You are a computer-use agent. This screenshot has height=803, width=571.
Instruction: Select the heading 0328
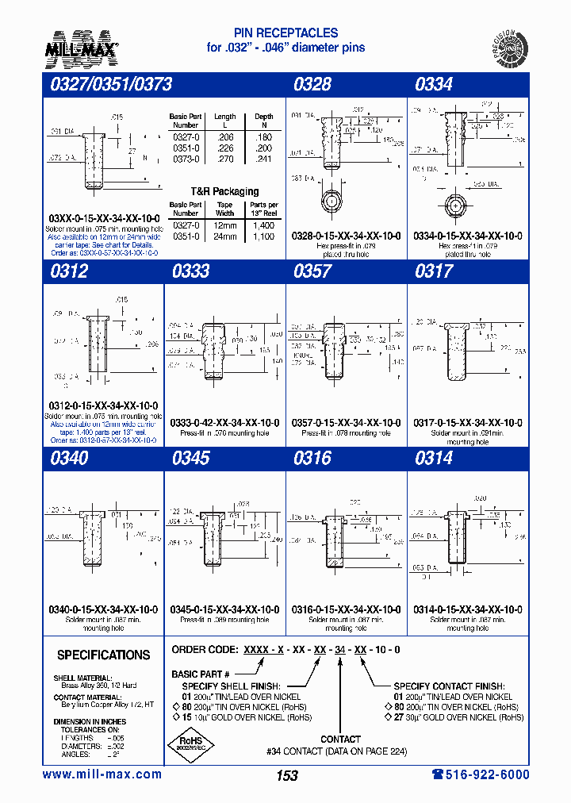click(x=312, y=84)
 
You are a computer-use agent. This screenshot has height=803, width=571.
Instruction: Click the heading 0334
click(x=434, y=84)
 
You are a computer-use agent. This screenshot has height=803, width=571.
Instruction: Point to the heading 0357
click(x=312, y=271)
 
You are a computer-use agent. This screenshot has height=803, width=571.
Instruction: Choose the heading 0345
click(x=190, y=458)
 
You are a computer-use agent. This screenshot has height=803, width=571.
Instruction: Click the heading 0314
click(x=434, y=458)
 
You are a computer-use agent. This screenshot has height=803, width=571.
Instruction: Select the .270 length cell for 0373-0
click(x=225, y=159)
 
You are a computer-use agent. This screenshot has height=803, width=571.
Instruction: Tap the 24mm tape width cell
click(x=225, y=236)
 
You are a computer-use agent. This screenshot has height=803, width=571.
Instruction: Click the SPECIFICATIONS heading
click(x=103, y=655)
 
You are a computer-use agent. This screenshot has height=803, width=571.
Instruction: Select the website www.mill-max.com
click(x=102, y=774)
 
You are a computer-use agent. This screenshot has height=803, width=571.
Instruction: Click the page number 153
click(x=287, y=775)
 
